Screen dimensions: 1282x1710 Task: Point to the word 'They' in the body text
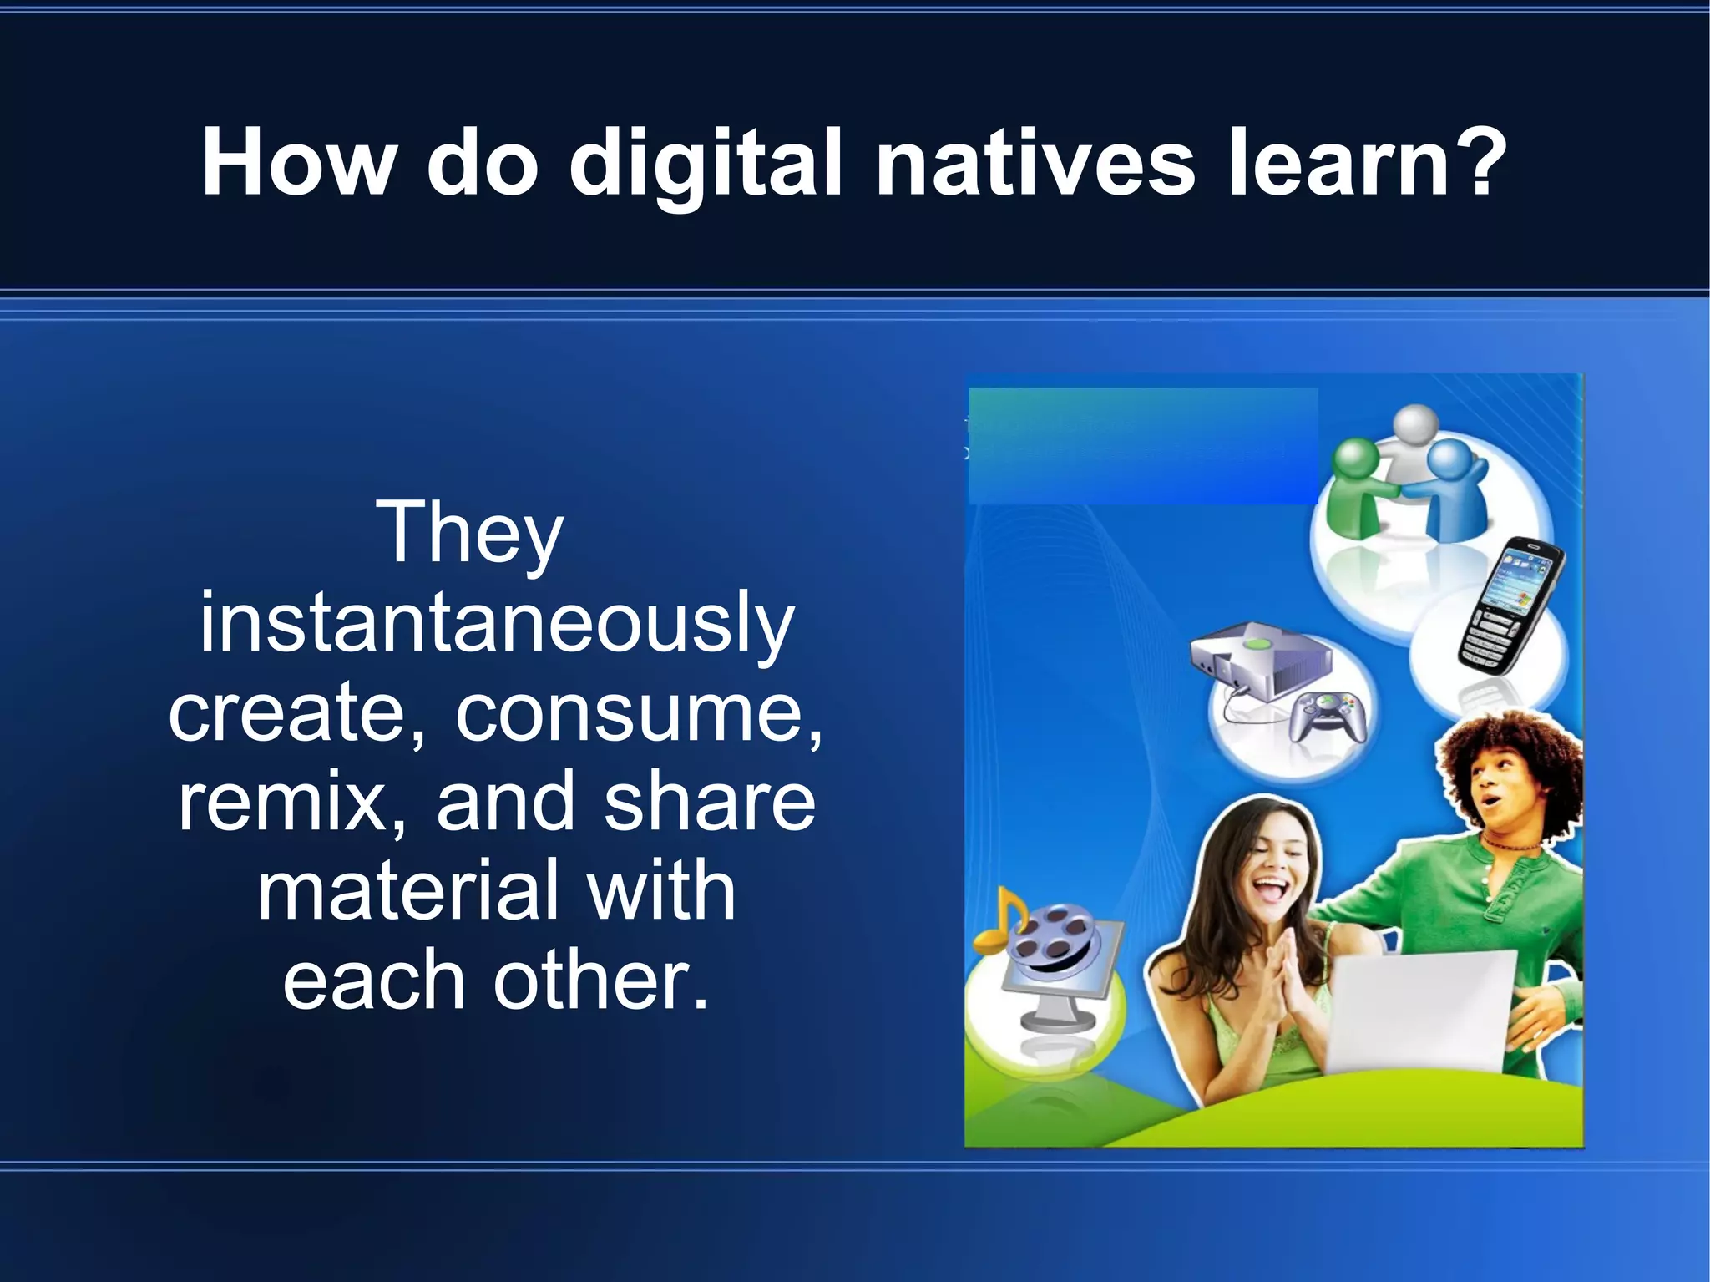pyautogui.click(x=470, y=533)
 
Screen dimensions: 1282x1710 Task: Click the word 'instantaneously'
pyautogui.click(x=496, y=622)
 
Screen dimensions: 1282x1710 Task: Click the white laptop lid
pyautogui.click(x=1419, y=1011)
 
